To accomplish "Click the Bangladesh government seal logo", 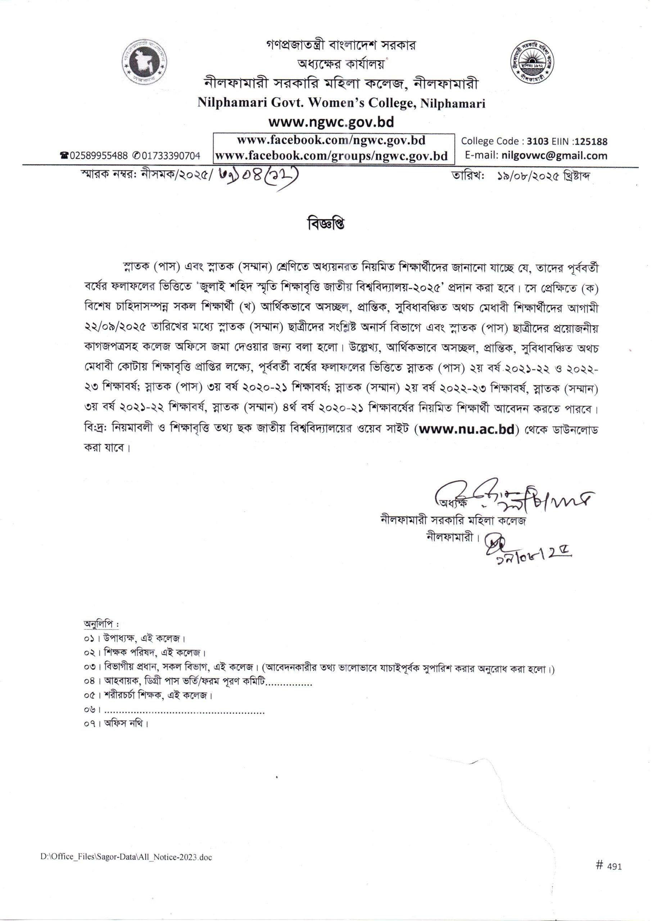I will pos(146,63).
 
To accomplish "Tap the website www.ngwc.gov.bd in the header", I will pos(331,121).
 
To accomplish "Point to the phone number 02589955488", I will pos(98,156).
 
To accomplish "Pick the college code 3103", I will pos(538,141).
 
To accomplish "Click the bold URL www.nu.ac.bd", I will pos(465,430).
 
